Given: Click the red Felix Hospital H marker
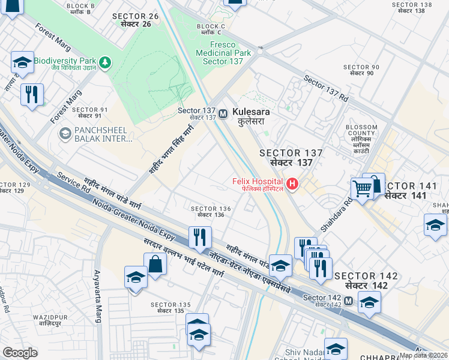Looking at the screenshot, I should (292, 184).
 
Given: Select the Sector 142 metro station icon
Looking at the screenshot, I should (349, 299).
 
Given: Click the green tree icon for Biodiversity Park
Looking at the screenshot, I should (106, 61).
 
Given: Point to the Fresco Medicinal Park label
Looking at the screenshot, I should (223, 53).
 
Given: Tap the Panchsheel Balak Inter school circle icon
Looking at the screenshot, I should (65, 134).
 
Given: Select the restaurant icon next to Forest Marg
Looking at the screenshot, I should (32, 94).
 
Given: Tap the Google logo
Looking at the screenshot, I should (20, 353).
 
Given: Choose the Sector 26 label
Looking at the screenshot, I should (138, 20).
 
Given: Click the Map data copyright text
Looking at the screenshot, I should (423, 355).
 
